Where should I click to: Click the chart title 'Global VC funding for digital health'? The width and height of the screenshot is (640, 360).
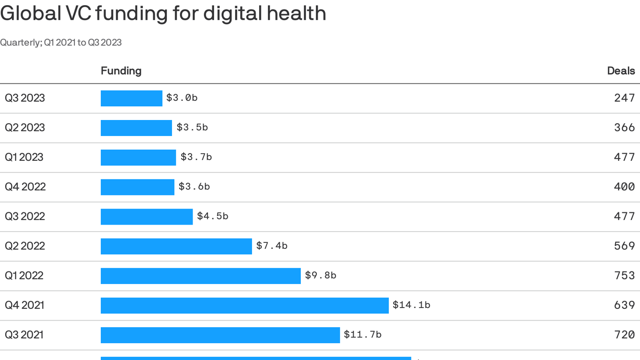tap(163, 13)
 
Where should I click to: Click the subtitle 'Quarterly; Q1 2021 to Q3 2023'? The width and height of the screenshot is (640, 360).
tap(61, 43)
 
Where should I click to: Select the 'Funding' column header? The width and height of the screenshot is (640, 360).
tap(121, 71)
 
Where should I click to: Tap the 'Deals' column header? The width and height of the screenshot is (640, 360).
tap(621, 71)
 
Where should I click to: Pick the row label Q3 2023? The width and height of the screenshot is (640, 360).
tap(25, 98)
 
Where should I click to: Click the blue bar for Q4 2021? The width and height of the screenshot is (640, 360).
tap(245, 305)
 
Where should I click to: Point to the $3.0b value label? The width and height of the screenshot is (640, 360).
tap(182, 98)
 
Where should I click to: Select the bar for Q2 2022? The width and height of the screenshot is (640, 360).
tap(176, 246)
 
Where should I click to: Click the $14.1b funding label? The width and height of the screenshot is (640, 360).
tap(411, 305)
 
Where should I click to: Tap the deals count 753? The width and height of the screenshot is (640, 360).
tap(625, 276)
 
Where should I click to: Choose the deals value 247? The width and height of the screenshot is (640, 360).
tap(625, 98)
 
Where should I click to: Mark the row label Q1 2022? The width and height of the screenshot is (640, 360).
tap(24, 276)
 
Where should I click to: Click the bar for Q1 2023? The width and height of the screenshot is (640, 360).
tap(138, 157)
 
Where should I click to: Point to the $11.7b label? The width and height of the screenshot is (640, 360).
tap(363, 335)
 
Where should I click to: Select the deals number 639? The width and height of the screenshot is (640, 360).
tap(625, 305)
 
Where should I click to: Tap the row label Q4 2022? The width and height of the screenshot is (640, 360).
tap(25, 187)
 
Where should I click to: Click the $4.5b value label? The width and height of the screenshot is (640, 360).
tap(212, 216)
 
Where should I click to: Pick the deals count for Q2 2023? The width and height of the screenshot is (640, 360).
tap(625, 127)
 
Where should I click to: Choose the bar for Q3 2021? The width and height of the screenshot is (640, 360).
tap(220, 335)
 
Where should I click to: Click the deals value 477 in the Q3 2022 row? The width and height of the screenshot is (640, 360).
tap(625, 216)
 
